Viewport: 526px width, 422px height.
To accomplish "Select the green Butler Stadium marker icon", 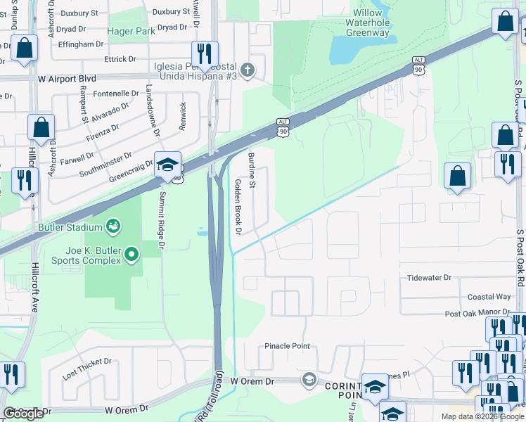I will tap(113, 226).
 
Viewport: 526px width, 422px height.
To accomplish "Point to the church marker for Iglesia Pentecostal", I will tap(246, 70).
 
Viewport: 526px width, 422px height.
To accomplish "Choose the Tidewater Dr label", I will tap(429, 278).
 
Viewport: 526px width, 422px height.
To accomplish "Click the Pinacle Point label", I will tap(287, 346).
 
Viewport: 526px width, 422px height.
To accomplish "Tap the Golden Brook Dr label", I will tap(238, 207).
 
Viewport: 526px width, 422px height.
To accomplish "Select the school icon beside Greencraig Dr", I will tap(168, 165).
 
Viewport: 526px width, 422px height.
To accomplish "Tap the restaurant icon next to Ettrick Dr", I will tap(205, 53).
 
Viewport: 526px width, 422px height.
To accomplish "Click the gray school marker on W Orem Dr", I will tap(309, 380).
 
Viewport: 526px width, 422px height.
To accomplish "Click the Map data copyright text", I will tap(482, 416).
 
